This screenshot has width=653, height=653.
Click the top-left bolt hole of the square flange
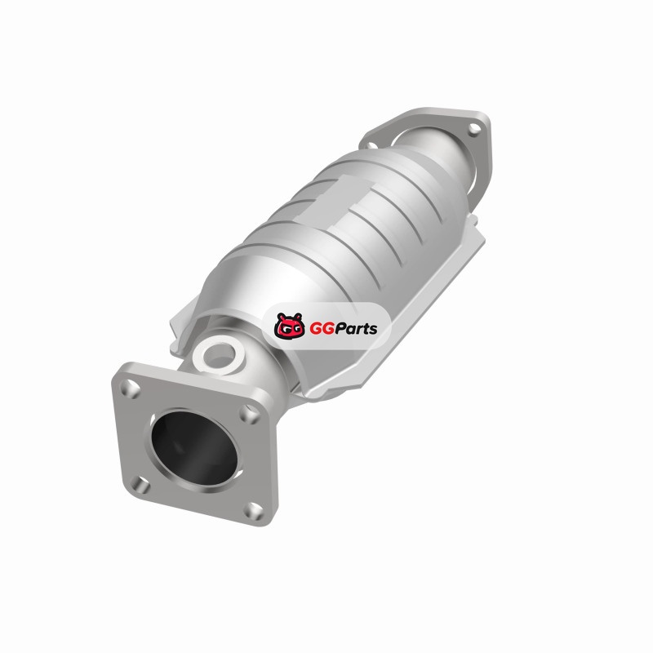coord(131,389)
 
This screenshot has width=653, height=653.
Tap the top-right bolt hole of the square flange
coord(249,415)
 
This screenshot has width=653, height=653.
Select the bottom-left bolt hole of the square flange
coord(140,485)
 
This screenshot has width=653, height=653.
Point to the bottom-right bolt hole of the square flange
coord(253,511)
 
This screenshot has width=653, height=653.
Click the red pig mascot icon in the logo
coord(290,326)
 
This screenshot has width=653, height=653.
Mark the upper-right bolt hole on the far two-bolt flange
coord(474,129)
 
